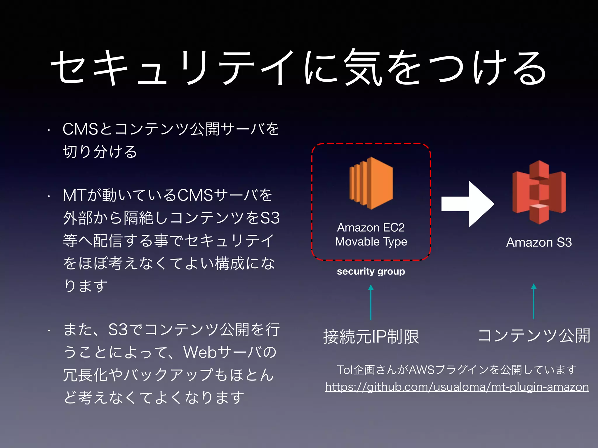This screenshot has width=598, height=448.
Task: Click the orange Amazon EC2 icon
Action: coord(371,183)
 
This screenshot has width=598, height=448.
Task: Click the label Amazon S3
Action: coord(539,242)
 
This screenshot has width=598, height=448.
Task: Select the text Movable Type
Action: coord(371,242)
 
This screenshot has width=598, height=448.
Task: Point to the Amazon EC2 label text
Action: coord(371,228)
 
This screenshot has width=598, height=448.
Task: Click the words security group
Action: coord(371,272)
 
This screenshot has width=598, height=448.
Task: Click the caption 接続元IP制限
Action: coord(371,337)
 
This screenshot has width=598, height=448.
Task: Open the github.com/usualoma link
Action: coord(457,387)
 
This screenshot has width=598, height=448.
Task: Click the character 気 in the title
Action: coord(363,68)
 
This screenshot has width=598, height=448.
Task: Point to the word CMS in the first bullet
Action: coord(80,129)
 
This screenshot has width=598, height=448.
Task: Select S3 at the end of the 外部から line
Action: coord(270,218)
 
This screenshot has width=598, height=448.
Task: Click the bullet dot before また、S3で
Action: coord(49,331)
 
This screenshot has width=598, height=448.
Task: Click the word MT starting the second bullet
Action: coord(74,195)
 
